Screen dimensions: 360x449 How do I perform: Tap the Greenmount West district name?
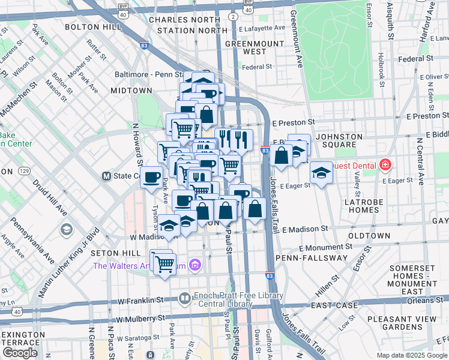[246, 48]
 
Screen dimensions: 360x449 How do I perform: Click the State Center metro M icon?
[106, 176]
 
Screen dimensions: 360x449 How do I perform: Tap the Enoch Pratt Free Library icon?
[185, 298]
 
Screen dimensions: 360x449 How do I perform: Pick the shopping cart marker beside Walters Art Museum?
[164, 263]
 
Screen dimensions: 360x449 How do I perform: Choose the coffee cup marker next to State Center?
[151, 177]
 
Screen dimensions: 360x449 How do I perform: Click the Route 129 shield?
[25, 171]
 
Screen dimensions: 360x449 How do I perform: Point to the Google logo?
[19, 353]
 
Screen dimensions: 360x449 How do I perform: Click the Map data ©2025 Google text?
[412, 355]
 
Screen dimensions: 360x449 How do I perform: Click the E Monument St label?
[325, 247]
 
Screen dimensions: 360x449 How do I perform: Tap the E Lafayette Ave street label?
[262, 28]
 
